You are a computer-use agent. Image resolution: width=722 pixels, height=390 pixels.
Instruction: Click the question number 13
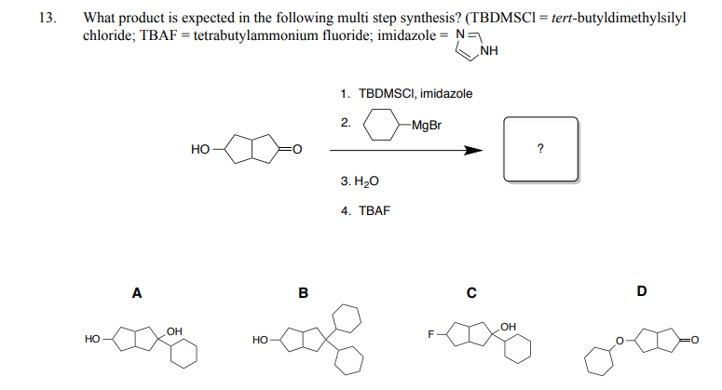point(48,18)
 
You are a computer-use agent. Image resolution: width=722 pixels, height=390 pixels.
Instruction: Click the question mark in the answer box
point(540,149)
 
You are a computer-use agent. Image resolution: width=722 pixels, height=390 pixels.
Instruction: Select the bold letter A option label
point(137,293)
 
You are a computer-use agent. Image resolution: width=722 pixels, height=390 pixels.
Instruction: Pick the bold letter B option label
point(304,293)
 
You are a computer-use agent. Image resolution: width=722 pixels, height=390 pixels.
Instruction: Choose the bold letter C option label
point(471,293)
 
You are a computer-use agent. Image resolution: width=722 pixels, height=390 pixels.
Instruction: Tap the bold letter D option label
point(642,291)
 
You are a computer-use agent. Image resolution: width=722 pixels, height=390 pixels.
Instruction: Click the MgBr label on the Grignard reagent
point(427,125)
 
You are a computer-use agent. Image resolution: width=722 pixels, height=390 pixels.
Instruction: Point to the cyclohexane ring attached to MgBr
point(382,110)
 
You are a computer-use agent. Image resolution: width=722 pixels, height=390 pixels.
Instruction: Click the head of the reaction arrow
point(473,151)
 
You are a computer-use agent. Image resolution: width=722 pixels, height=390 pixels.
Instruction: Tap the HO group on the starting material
point(200,149)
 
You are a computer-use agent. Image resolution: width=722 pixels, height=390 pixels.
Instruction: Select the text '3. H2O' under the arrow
point(360,182)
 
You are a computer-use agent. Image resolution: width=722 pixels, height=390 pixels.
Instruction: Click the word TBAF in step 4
point(375,210)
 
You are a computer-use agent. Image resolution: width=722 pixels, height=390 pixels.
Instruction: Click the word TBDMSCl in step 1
point(388,94)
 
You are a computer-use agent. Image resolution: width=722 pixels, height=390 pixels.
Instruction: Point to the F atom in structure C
point(431,334)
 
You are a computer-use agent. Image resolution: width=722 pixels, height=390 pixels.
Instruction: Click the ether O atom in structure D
point(620,341)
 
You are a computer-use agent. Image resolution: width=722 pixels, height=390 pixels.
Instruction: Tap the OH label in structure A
point(174,331)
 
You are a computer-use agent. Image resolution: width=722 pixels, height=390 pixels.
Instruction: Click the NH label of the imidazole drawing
point(488,50)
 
